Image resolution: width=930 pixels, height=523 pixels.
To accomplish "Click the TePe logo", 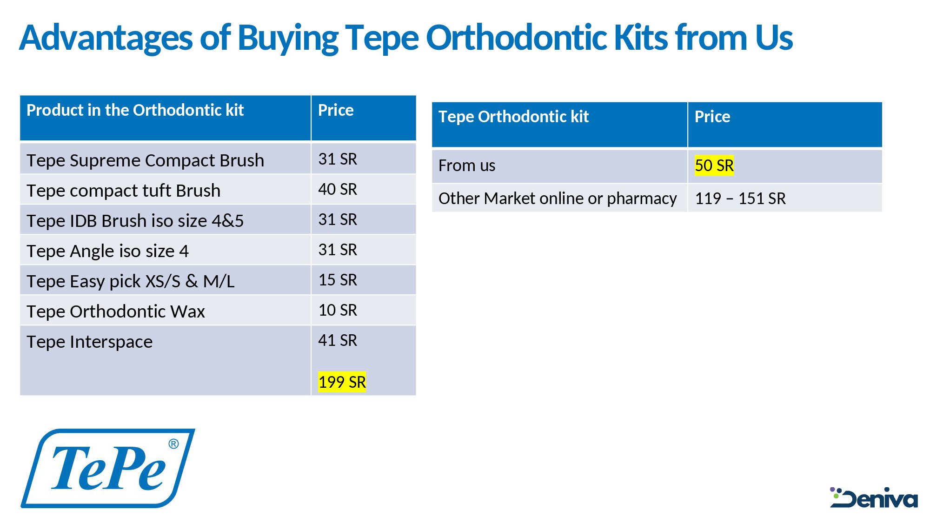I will [108, 468].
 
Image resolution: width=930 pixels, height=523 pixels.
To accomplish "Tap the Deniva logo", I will [874, 498].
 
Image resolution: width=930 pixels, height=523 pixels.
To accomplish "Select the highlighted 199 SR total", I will [342, 382].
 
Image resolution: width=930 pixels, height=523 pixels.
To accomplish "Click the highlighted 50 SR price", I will [714, 166].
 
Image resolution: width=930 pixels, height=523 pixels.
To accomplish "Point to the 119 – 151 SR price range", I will [740, 199].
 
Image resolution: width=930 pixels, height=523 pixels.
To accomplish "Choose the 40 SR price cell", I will [338, 190].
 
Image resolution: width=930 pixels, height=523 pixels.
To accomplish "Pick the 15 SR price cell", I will [338, 280].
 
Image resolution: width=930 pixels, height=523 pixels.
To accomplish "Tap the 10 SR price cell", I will [338, 311].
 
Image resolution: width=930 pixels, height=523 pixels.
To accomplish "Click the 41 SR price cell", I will [338, 341].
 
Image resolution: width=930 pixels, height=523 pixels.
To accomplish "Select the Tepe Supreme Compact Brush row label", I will [145, 160].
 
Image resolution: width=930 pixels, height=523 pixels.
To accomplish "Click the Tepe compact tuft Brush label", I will [123, 191].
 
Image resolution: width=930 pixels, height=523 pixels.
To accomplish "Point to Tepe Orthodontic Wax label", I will [115, 311].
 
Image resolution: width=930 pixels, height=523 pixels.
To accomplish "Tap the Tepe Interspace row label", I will [89, 342].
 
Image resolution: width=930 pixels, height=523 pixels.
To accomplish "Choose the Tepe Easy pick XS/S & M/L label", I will [130, 281].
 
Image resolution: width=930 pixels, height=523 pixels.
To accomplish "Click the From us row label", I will [466, 166].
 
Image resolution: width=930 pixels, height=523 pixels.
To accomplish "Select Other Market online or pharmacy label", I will [557, 199].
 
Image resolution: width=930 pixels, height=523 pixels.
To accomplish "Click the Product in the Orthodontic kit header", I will [135, 110].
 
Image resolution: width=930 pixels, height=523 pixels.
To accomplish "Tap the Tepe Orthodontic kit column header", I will [513, 117].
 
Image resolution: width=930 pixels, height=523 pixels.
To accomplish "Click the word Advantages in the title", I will [106, 38].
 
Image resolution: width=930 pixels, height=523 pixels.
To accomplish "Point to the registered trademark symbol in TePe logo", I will [173, 444].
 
